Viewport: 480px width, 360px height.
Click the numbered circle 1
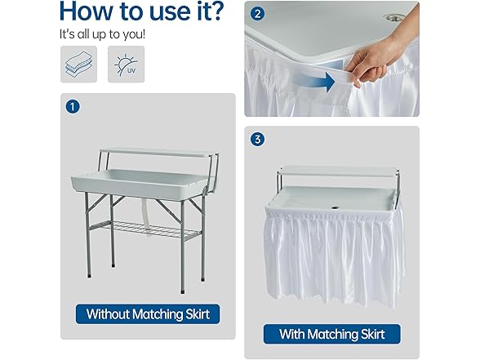(x=73, y=107)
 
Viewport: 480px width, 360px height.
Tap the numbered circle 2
(x=257, y=14)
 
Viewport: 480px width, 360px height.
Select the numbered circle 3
(x=257, y=140)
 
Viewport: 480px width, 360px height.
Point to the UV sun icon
(x=126, y=64)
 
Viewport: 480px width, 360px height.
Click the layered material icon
(x=78, y=64)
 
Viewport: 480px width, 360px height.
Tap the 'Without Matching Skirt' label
(x=148, y=314)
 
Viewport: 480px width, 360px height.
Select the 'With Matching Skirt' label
(x=331, y=334)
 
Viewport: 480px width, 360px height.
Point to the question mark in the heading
(x=216, y=11)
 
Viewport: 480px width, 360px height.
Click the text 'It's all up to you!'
(x=102, y=34)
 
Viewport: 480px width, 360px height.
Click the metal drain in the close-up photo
(x=395, y=17)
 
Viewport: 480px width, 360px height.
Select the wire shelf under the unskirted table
(x=144, y=229)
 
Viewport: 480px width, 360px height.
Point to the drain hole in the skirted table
(x=335, y=208)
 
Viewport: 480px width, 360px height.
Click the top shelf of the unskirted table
(x=158, y=153)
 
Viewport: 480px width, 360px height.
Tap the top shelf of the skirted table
(x=340, y=171)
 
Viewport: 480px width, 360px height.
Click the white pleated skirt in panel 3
(x=334, y=254)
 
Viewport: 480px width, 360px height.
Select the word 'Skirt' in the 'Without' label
(x=198, y=314)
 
